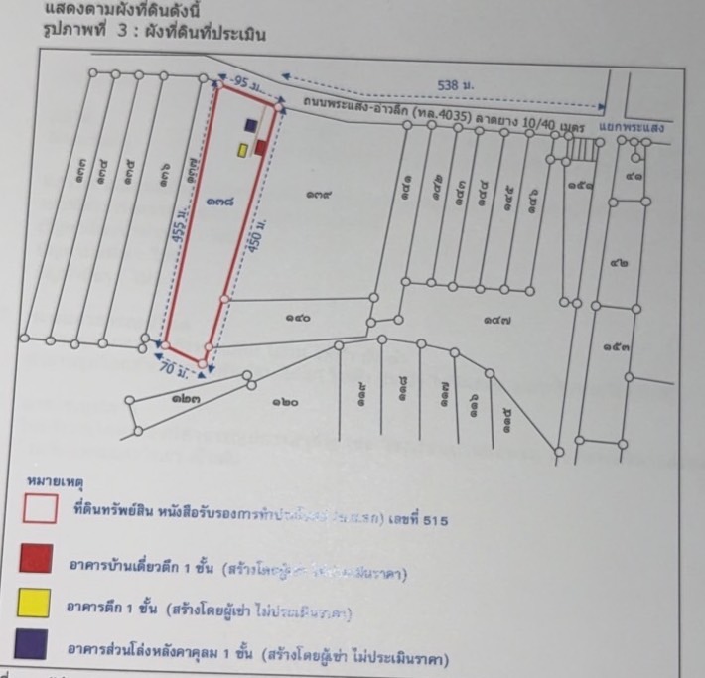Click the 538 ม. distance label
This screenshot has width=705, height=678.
tap(456, 87)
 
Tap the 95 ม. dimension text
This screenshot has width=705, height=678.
tap(239, 80)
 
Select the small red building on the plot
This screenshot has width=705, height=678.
tap(260, 148)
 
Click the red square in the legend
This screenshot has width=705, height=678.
tap(36, 558)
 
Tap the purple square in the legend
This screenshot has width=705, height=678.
tap(36, 645)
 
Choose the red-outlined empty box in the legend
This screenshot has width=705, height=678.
tap(36, 510)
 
